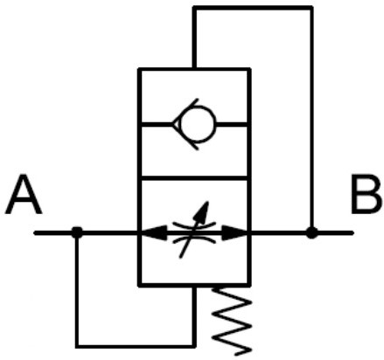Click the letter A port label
point(24,194)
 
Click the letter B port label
point(367,194)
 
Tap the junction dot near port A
point(77,232)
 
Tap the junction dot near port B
point(311,233)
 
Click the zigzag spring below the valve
point(232,321)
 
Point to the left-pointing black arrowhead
point(154,233)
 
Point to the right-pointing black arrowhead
point(234,233)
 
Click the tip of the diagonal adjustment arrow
point(207,202)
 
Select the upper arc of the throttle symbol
point(194,225)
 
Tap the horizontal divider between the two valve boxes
point(194,178)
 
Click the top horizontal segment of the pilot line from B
point(253,8)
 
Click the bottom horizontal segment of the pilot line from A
point(136,346)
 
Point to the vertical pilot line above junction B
point(311,120)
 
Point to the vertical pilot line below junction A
point(77,291)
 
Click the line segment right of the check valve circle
point(232,124)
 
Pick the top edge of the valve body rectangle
point(194,70)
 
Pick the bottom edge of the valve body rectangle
point(194,285)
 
